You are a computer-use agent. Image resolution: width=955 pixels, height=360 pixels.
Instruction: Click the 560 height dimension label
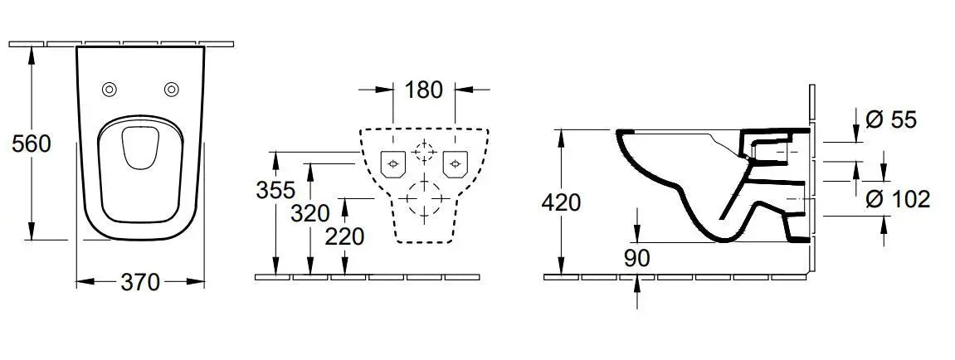coord(31,144)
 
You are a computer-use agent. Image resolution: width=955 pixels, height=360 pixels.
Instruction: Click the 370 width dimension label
coord(140,282)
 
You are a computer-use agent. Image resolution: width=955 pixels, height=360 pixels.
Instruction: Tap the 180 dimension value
coord(423,90)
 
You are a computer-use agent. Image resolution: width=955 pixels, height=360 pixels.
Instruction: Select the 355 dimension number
coord(275,190)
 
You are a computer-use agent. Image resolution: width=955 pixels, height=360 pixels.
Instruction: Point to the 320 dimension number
coord(310,214)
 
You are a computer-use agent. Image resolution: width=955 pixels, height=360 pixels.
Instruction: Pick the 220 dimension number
coord(344,236)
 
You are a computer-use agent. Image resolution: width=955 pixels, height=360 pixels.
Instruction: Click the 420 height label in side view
coord(561,202)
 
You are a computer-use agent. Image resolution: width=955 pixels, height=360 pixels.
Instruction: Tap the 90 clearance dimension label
coord(637,258)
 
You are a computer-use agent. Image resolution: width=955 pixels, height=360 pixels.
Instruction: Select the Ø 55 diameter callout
coord(890,120)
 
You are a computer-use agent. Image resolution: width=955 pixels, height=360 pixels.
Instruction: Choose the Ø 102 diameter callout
coord(898,199)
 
